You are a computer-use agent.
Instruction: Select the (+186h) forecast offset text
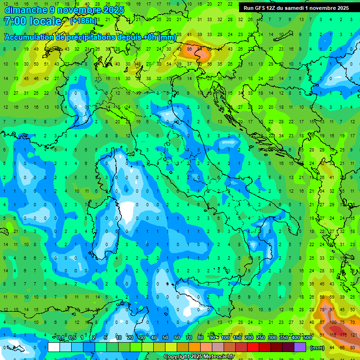click(x=83, y=21)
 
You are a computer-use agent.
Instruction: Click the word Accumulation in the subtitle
click(x=30, y=37)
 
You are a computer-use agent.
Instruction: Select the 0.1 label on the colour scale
click(x=60, y=338)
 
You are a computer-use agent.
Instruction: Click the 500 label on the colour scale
click(x=307, y=338)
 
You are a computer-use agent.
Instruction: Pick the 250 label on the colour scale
click(x=260, y=338)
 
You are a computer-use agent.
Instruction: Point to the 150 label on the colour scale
click(x=237, y=338)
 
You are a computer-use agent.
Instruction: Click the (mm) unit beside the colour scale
click(x=317, y=348)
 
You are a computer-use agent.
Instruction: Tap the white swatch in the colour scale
click(x=54, y=347)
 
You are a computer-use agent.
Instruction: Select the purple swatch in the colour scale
click(x=300, y=347)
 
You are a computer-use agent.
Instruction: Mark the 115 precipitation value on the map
click(x=333, y=335)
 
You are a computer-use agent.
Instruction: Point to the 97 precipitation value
click(x=332, y=310)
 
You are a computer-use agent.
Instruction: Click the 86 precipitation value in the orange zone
click(x=190, y=48)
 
